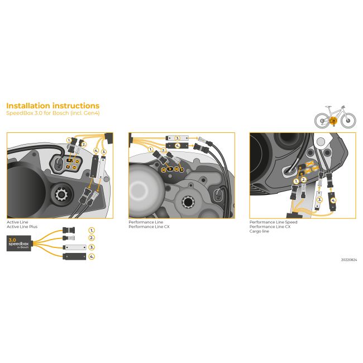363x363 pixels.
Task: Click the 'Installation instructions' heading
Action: pyautogui.click(x=52, y=106)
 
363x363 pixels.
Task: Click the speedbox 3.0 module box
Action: pyautogui.click(x=19, y=243)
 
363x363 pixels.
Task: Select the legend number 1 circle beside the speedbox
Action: pyautogui.click(x=92, y=230)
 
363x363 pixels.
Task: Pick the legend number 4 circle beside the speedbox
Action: pyautogui.click(x=92, y=256)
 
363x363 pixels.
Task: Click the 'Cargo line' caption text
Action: pyautogui.click(x=259, y=231)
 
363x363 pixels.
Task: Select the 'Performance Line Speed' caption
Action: pyautogui.click(x=274, y=222)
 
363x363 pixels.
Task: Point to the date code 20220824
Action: pyautogui.click(x=348, y=260)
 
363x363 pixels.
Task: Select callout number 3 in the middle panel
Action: pyautogui.click(x=178, y=137)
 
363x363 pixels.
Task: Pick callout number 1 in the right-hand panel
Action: pyautogui.click(x=296, y=181)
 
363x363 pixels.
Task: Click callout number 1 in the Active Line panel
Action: pyautogui.click(x=69, y=140)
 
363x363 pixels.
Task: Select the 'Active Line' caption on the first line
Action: pyautogui.click(x=16, y=222)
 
